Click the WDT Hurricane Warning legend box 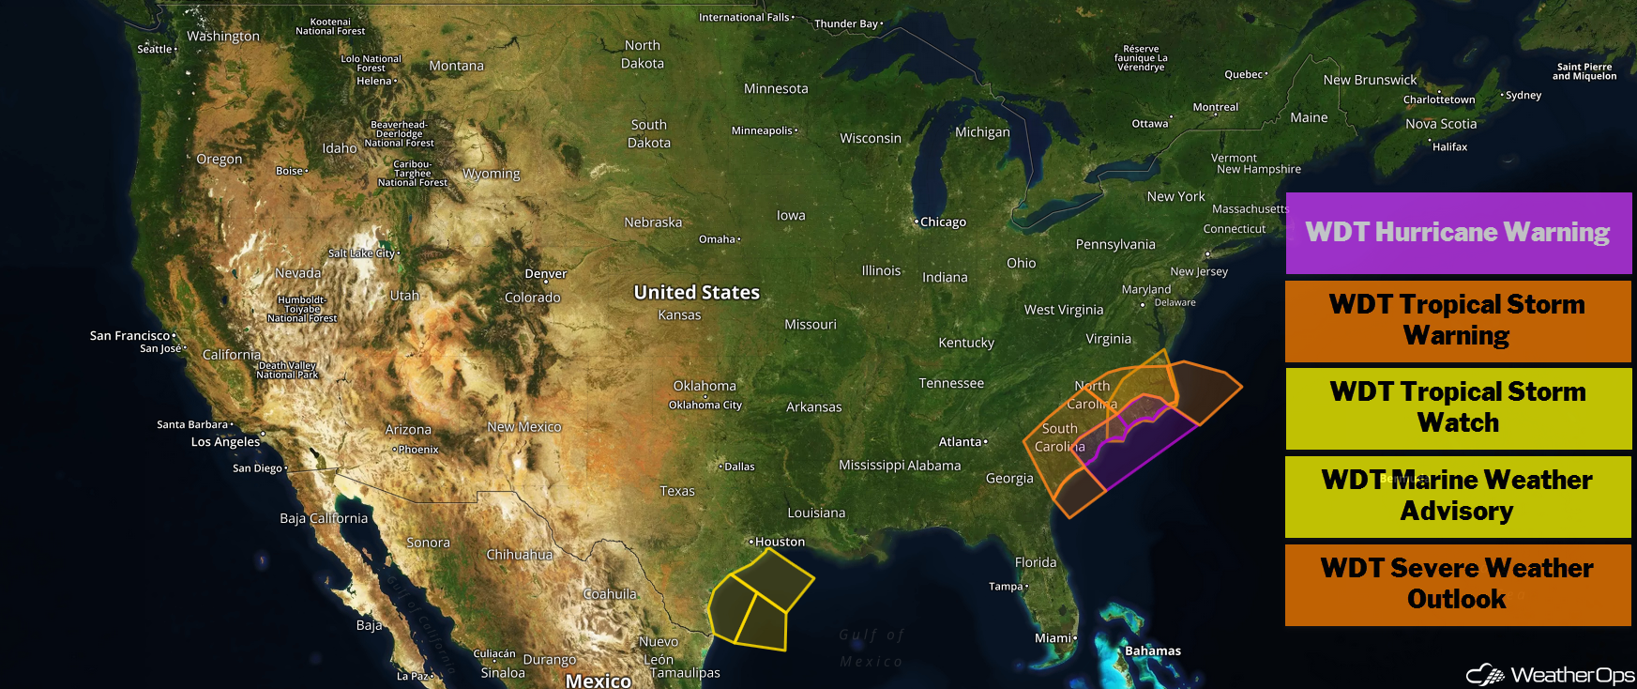(1458, 233)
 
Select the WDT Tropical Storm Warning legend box (1458, 320)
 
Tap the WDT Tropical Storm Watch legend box (1458, 407)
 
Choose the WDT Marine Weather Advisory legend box (1458, 496)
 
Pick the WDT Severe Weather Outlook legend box (1458, 584)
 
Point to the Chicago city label (942, 222)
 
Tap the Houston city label (779, 542)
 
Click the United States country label (696, 293)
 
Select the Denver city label (545, 274)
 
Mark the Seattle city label (156, 49)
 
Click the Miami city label (1053, 638)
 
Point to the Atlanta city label (961, 442)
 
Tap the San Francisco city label (130, 335)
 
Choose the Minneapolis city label (763, 130)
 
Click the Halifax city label (1449, 147)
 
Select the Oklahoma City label (705, 406)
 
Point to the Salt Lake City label (362, 253)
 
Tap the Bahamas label (1152, 651)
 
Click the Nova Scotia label (1441, 124)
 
